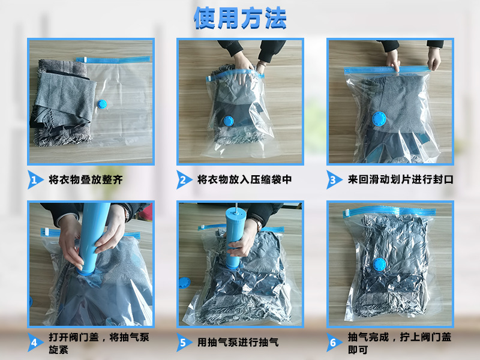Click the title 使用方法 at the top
[x=240, y=18]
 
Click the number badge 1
[x=35, y=179]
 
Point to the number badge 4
[x=35, y=343]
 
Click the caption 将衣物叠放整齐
[x=89, y=179]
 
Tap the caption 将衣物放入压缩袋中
[x=245, y=179]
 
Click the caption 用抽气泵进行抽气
[x=238, y=343]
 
